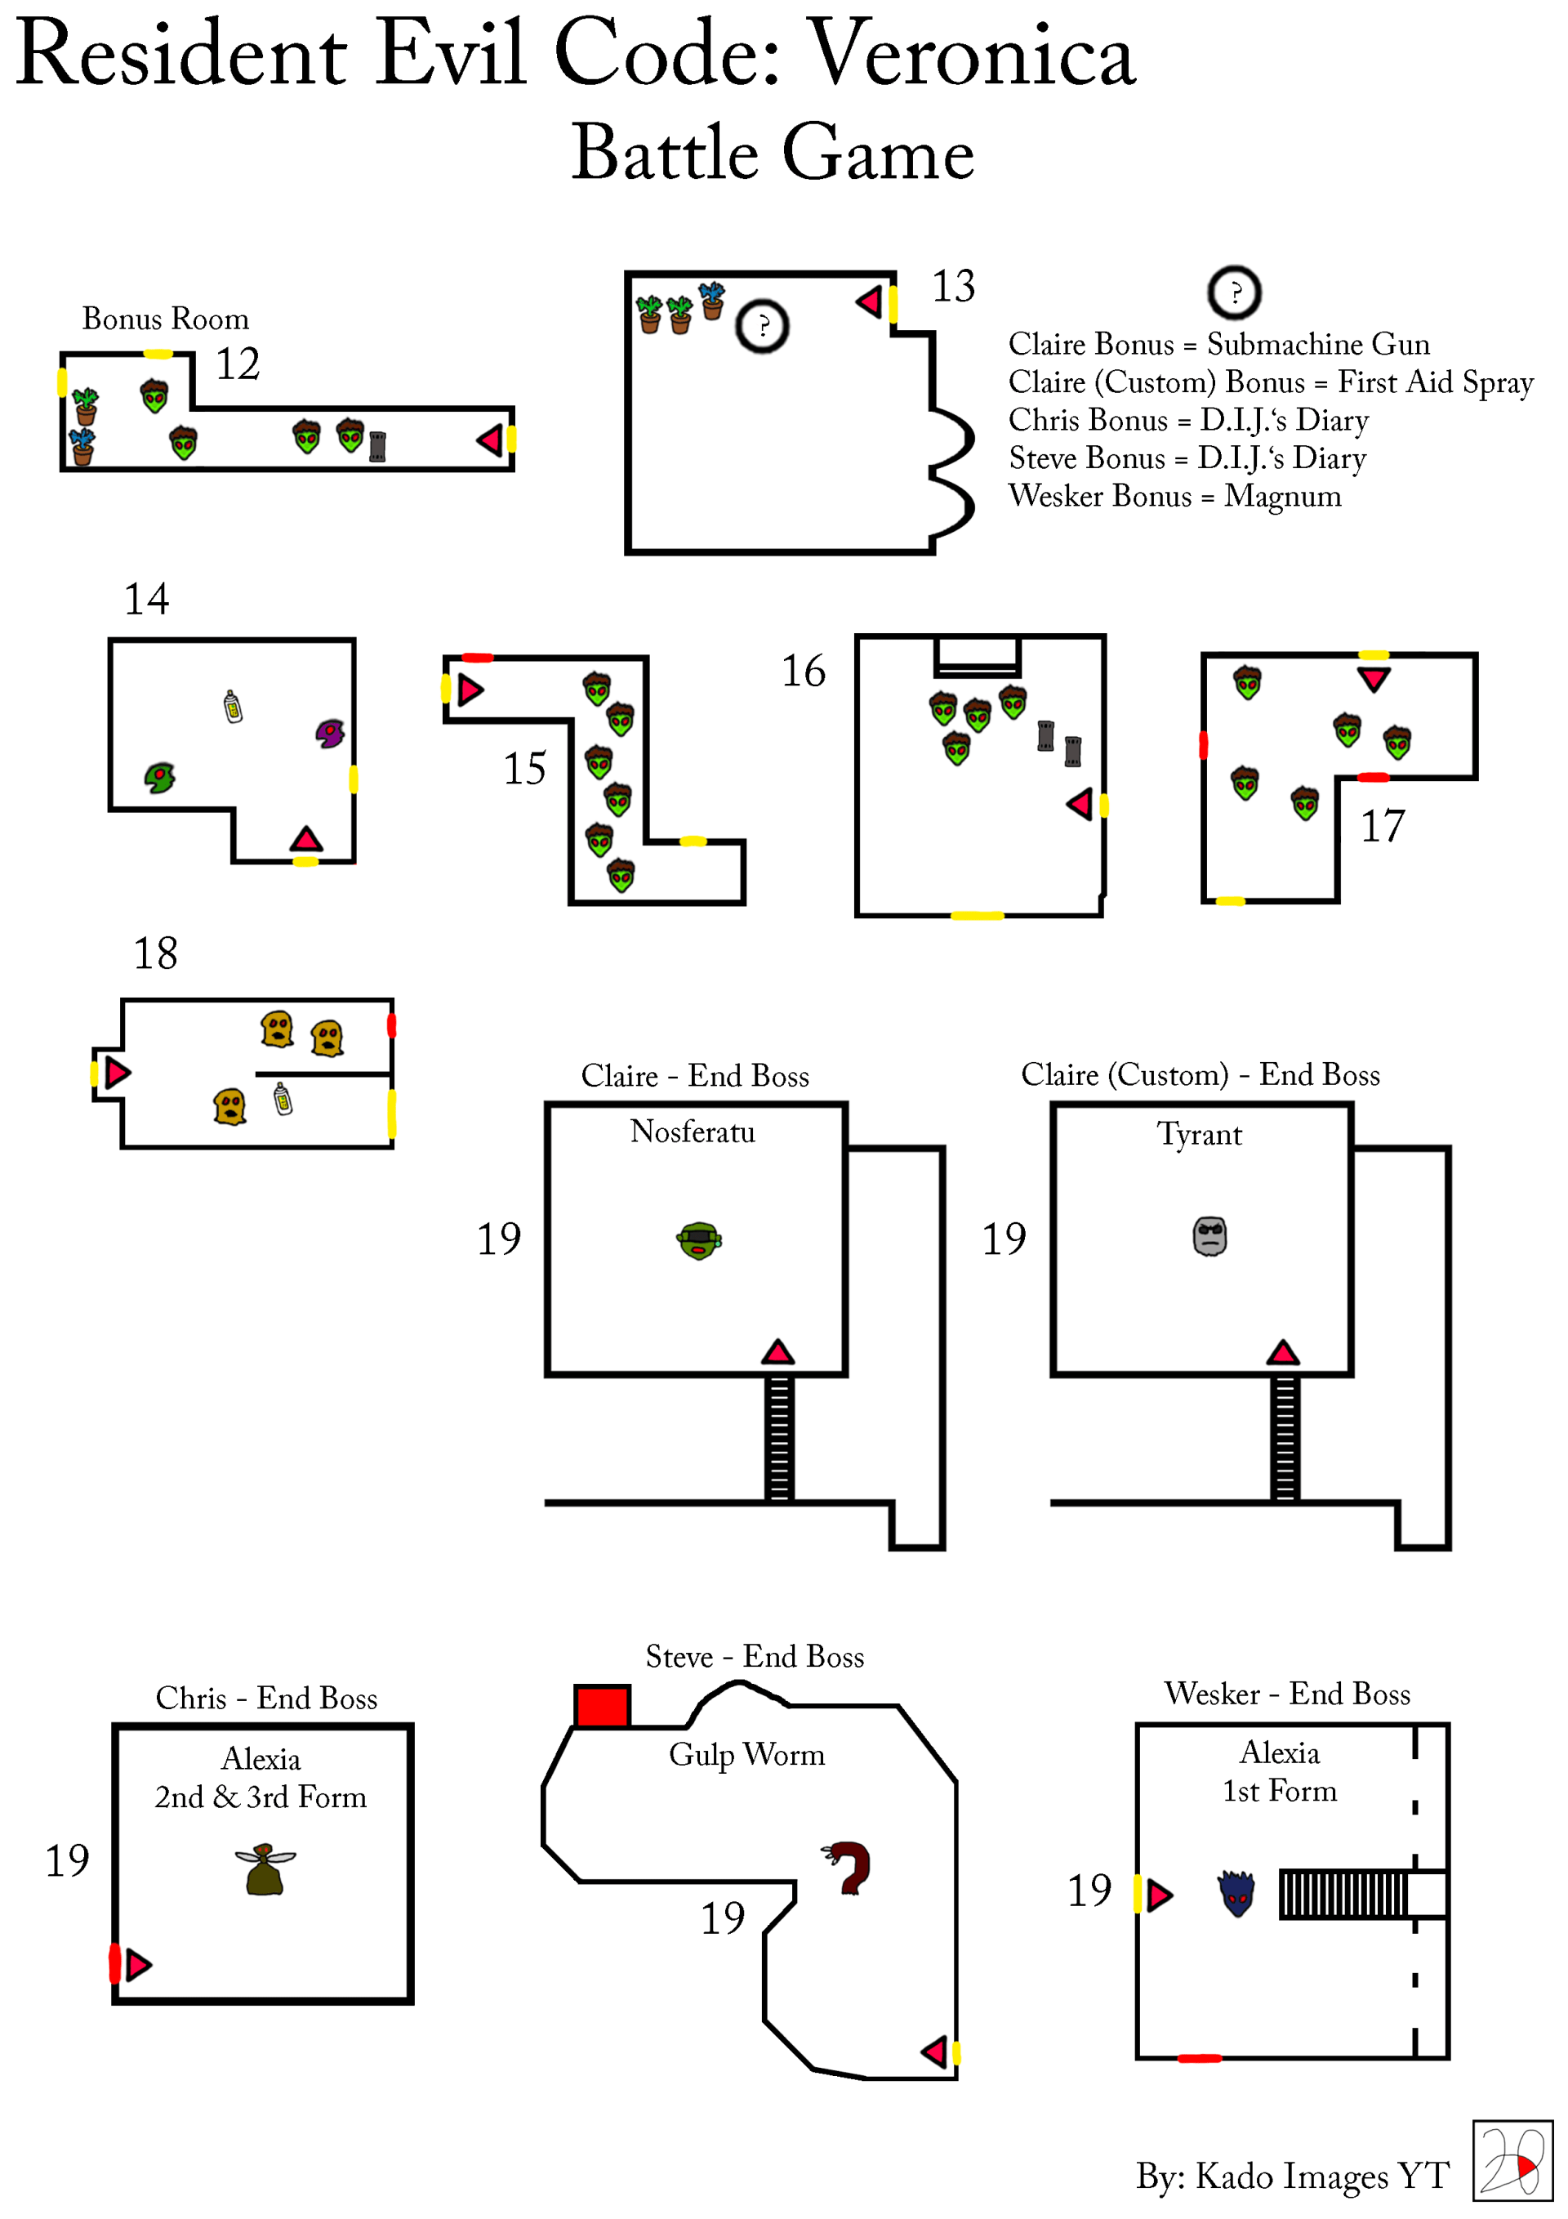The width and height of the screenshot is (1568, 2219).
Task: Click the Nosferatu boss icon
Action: pyautogui.click(x=698, y=1240)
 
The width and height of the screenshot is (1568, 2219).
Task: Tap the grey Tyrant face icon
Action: pyautogui.click(x=1209, y=1236)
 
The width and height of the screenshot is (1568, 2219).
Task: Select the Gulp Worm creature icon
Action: pyautogui.click(x=849, y=1866)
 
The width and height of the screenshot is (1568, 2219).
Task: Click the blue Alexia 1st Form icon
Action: pyautogui.click(x=1236, y=1892)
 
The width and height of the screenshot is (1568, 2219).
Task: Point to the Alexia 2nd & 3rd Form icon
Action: pyautogui.click(x=265, y=1869)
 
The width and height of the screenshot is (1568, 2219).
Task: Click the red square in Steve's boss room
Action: pyautogui.click(x=602, y=1706)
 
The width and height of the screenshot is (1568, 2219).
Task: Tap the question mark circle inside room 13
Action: pyautogui.click(x=762, y=326)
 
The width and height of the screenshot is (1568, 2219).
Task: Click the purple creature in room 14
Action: pyautogui.click(x=331, y=733)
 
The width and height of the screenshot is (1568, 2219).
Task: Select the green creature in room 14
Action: pyautogui.click(x=159, y=776)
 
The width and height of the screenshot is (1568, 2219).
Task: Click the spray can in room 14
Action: pyautogui.click(x=233, y=707)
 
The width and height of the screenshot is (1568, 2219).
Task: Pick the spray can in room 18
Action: pyautogui.click(x=282, y=1098)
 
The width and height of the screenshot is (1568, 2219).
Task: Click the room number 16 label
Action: pyautogui.click(x=803, y=671)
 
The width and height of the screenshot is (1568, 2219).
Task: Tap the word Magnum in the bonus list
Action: pyautogui.click(x=1282, y=496)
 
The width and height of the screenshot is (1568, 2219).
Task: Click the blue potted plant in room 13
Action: pyautogui.click(x=712, y=301)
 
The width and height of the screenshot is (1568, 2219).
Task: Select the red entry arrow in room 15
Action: pyautogui.click(x=470, y=690)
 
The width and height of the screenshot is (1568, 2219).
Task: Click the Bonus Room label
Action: pyautogui.click(x=165, y=318)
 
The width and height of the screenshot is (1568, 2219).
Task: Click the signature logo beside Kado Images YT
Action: pyautogui.click(x=1511, y=2160)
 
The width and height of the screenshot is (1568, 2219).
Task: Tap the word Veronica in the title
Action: pyautogui.click(x=971, y=55)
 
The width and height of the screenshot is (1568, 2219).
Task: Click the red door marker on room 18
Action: pyautogui.click(x=391, y=1025)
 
